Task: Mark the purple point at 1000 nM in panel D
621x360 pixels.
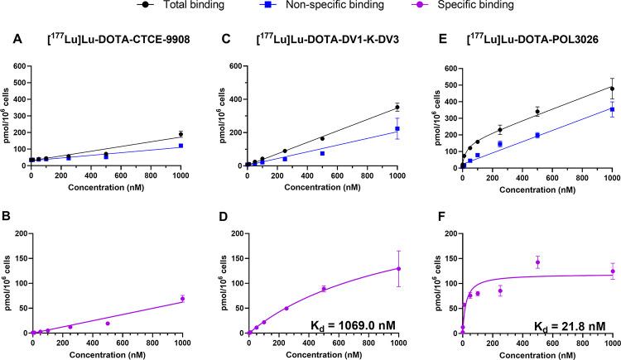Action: [397, 268]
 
